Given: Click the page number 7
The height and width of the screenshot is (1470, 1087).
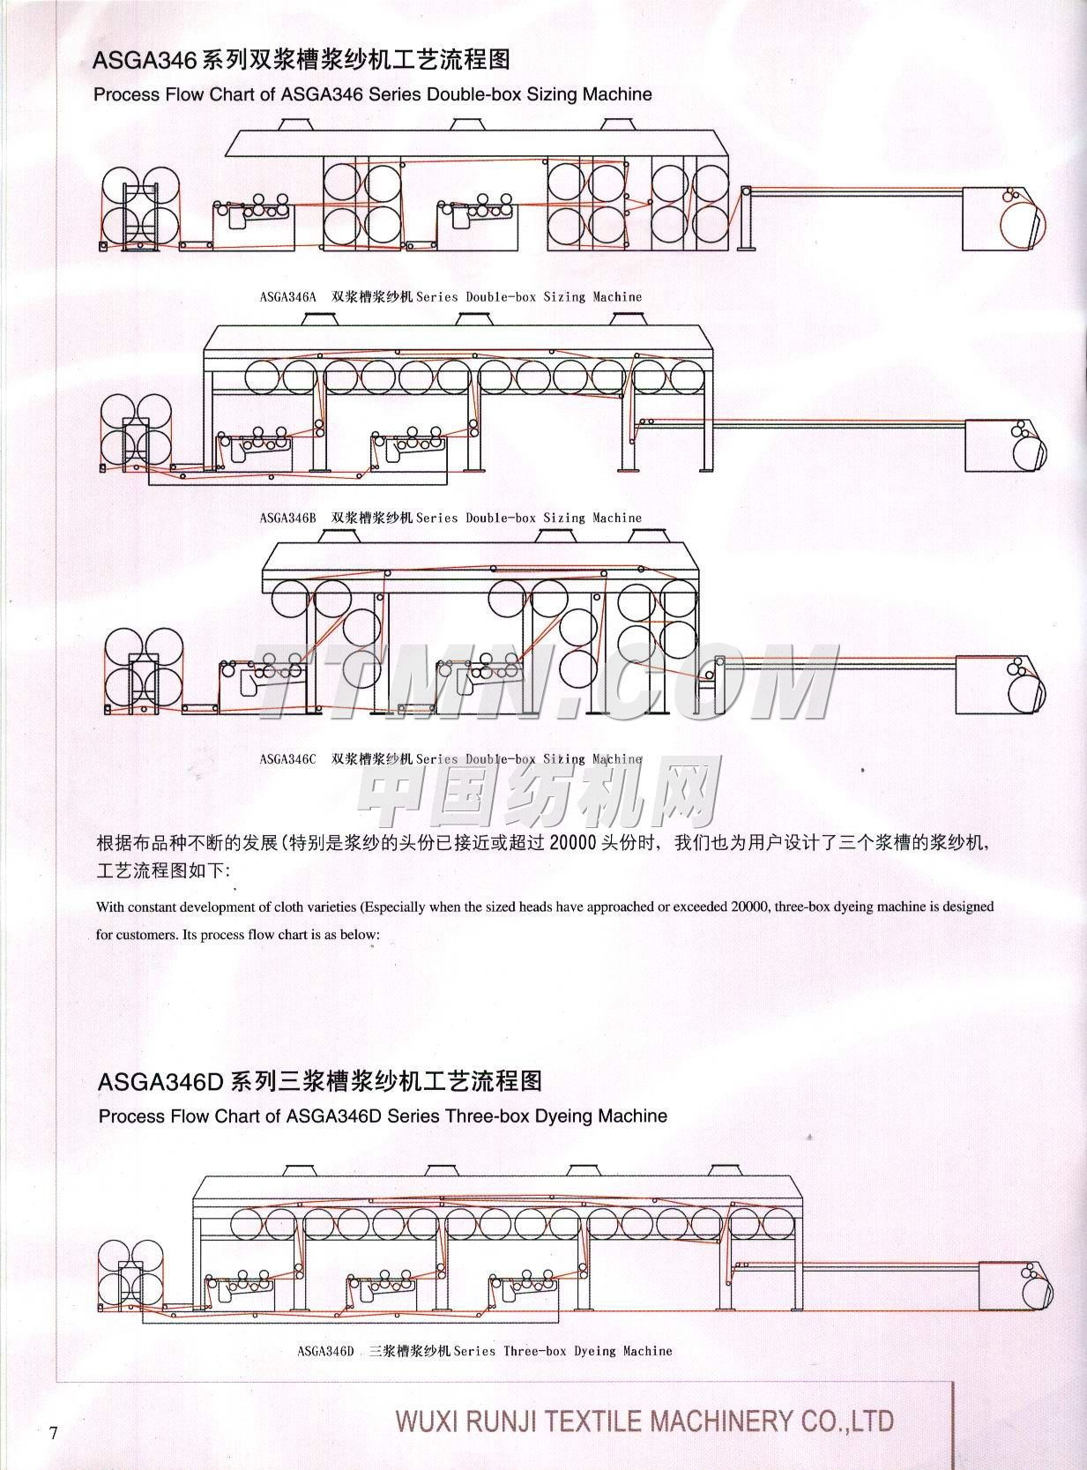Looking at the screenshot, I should tap(54, 1433).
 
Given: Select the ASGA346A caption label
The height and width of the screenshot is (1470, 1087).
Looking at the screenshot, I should tap(287, 297).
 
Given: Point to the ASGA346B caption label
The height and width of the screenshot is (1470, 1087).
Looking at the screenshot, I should tap(287, 518).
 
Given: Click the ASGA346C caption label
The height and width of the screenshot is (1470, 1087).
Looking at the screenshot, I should tap(287, 758).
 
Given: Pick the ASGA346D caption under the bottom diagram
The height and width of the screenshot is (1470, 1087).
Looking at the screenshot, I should tap(325, 1351).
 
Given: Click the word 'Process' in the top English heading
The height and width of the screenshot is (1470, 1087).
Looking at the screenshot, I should tap(125, 94).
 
